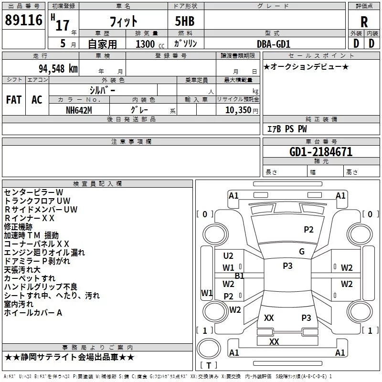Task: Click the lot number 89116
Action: click(23, 21)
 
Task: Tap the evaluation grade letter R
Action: click(364, 22)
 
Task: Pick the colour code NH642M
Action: click(79, 110)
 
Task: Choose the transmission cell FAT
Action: click(14, 99)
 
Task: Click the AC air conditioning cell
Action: click(37, 99)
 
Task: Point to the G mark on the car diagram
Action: click(302, 252)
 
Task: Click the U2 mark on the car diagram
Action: click(228, 256)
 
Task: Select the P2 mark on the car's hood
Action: click(309, 230)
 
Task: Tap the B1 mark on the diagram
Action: click(239, 276)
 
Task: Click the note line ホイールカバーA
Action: click(33, 313)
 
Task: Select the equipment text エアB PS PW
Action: click(286, 129)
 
